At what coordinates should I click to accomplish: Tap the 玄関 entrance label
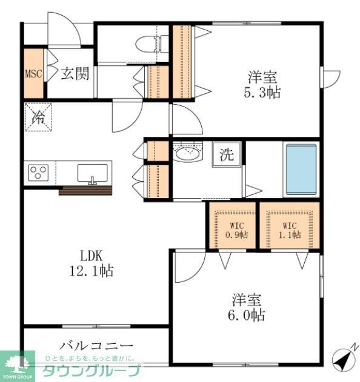[x=75, y=74]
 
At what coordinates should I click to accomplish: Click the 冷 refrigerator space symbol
[x=38, y=117]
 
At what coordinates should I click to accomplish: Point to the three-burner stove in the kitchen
[x=39, y=173]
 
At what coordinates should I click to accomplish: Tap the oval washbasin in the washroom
[x=187, y=154]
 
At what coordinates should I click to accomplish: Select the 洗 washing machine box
[x=226, y=154]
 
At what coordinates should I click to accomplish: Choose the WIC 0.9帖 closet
[x=233, y=230]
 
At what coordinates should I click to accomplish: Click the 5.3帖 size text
[x=263, y=93]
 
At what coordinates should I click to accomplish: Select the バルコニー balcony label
[x=96, y=346]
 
